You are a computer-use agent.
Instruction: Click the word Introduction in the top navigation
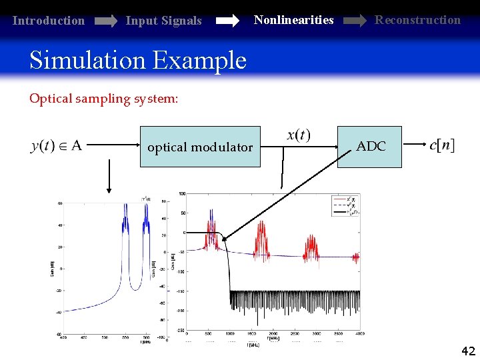(49, 21)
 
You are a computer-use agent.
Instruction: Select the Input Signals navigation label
(163, 21)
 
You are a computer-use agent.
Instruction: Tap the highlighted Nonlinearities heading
(293, 19)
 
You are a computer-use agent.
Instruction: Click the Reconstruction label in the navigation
(417, 19)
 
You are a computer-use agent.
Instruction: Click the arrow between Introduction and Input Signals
(105, 21)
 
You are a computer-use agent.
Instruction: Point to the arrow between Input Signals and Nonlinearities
(227, 21)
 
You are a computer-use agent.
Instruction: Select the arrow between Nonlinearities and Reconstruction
(354, 21)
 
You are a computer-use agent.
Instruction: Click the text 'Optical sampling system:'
(103, 99)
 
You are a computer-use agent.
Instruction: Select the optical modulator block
(199, 147)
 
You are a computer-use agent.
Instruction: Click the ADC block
(370, 146)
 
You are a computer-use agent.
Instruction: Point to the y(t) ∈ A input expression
(57, 145)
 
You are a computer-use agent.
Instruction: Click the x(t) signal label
(298, 135)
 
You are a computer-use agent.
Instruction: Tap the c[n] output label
(442, 145)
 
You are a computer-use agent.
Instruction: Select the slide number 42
(468, 351)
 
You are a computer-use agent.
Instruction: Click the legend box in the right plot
(346, 204)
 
